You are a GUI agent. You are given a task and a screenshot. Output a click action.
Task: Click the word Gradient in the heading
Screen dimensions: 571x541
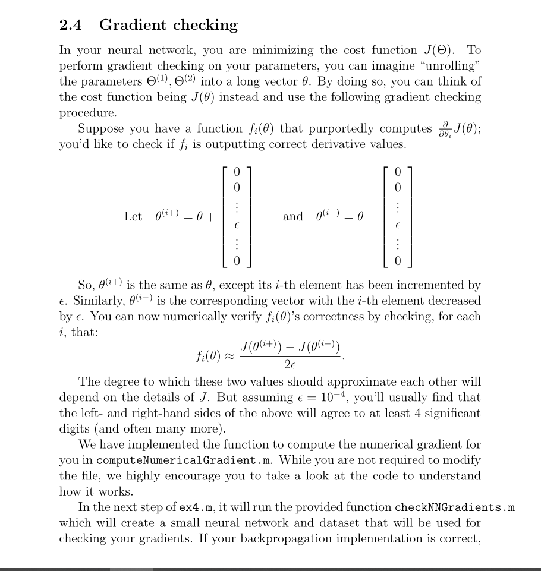(x=134, y=25)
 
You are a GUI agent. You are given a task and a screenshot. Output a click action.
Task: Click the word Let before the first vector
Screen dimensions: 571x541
(x=133, y=216)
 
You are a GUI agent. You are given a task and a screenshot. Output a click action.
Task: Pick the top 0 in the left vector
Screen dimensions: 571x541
(x=237, y=172)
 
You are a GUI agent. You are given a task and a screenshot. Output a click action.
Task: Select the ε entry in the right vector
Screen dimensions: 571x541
(x=398, y=226)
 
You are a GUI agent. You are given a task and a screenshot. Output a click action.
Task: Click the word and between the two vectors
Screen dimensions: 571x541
(x=292, y=216)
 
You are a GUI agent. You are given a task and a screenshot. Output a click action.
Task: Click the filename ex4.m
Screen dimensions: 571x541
(x=196, y=507)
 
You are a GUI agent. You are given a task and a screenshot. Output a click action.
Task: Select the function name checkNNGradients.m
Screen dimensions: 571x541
(x=454, y=507)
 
